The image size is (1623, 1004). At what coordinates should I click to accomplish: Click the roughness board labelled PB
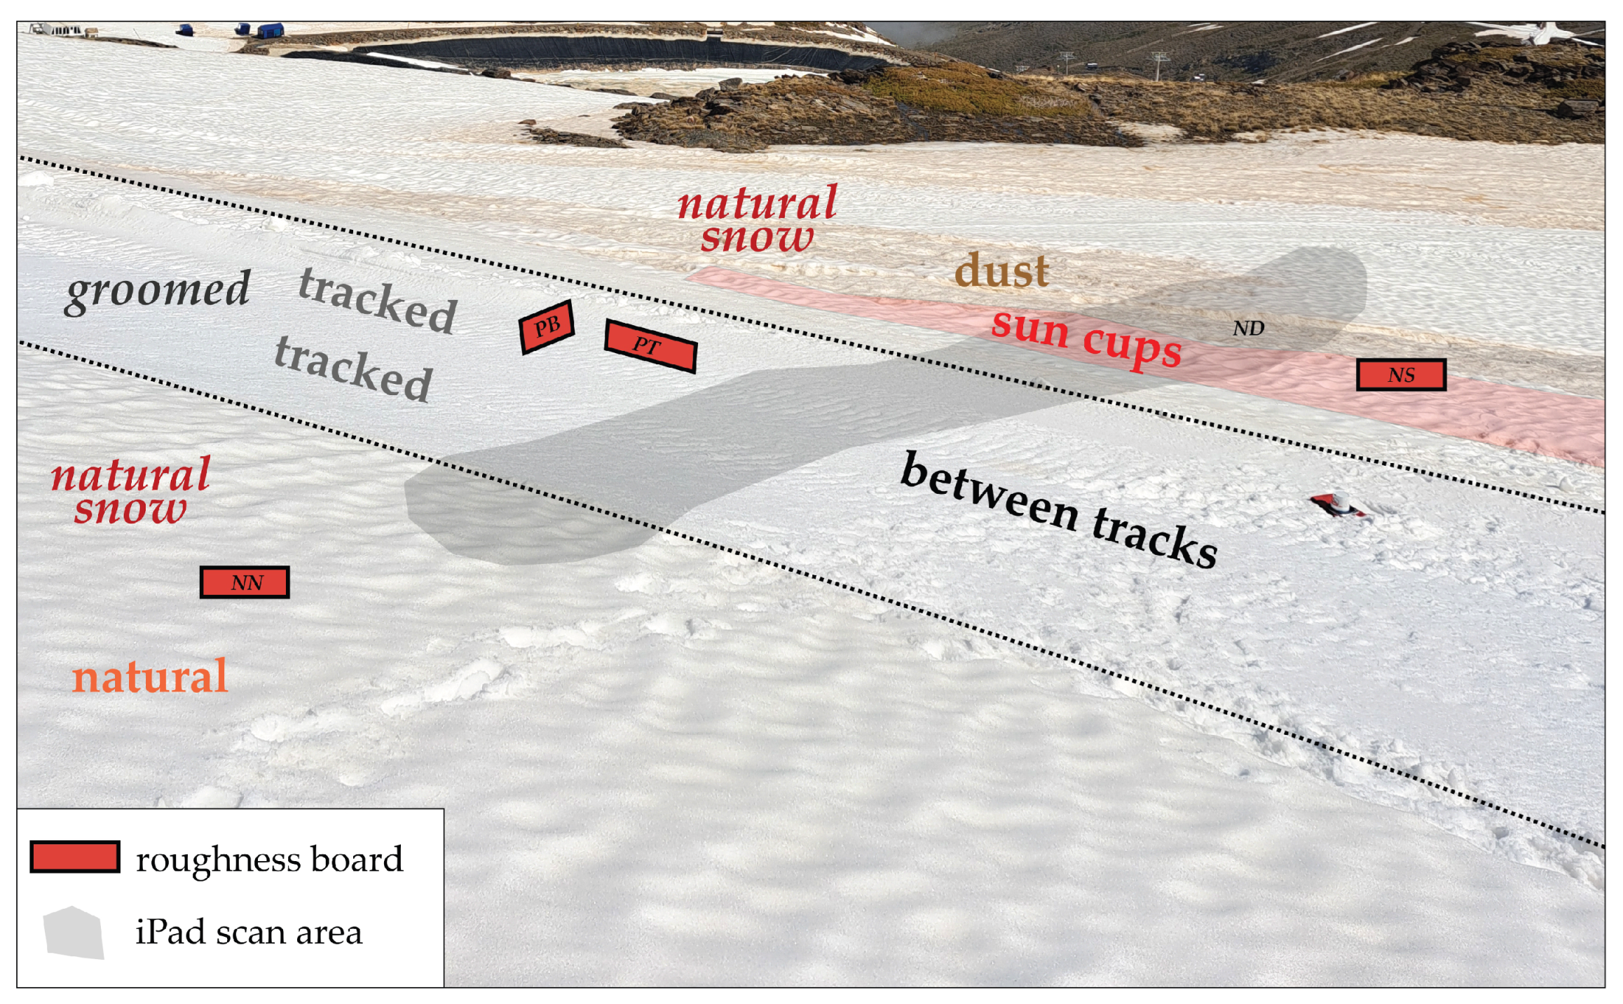coord(547,326)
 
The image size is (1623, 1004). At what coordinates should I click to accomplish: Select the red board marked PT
coord(650,345)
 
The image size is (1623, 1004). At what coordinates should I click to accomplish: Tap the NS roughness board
coord(1400,375)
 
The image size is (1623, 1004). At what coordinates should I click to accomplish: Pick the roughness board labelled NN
coord(245,582)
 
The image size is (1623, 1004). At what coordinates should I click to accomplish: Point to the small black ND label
coord(1248,328)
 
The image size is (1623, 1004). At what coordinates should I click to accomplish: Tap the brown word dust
coord(1001,271)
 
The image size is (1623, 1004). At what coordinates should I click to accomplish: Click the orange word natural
coord(150,677)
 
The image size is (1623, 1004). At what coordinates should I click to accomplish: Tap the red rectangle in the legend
coord(75,857)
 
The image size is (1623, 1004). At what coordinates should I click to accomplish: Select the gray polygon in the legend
coord(74,933)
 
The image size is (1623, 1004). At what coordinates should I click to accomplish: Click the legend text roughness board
coord(269,860)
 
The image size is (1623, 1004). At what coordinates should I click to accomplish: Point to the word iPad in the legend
coord(171,933)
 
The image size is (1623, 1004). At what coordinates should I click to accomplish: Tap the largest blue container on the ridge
coord(270,31)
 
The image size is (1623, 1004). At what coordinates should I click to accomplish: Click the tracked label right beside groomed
coord(378,301)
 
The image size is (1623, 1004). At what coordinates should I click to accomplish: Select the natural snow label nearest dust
coord(757,219)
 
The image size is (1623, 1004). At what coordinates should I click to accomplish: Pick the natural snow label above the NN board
coord(131,490)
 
